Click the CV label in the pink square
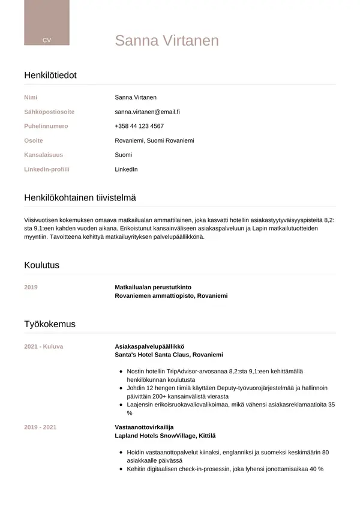coord(47,40)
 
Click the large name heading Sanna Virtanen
coord(167,40)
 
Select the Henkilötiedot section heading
coord(50,75)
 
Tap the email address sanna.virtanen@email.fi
coord(148,112)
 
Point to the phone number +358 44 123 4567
coord(139,126)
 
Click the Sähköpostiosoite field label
coord(49,112)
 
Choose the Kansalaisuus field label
coord(43,155)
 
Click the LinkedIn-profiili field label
coord(47,169)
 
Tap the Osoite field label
coord(34,140)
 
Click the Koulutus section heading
coord(41,265)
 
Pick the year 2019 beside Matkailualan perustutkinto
coord(31,287)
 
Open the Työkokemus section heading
coord(50,324)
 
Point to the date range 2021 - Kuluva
coord(43,346)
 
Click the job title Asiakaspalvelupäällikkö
coord(149,346)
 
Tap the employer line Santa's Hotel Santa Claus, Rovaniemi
coord(169,355)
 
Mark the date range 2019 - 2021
coord(40,427)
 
